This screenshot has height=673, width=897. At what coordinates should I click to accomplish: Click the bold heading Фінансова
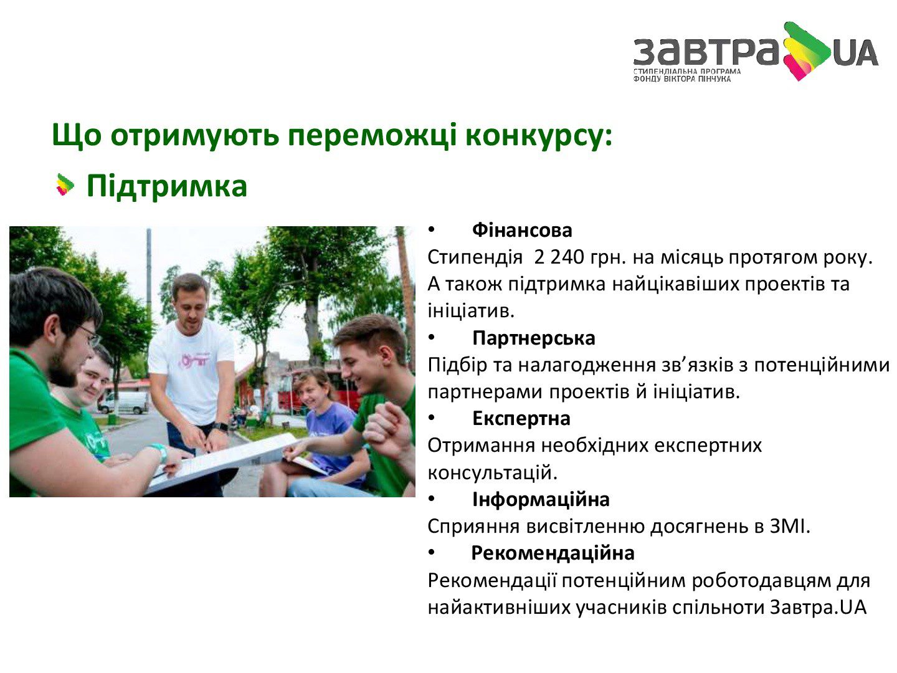522,231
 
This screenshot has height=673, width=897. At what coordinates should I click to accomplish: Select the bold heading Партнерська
534,338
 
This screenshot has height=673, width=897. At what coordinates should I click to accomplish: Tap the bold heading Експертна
521,419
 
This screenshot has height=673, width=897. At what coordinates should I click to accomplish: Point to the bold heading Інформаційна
541,499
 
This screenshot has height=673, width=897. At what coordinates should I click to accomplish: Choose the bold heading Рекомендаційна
553,553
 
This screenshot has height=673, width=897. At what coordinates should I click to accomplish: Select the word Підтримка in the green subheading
167,187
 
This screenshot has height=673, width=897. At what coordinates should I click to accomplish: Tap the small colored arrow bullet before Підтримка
65,185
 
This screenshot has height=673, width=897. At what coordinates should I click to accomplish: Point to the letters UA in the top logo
856,53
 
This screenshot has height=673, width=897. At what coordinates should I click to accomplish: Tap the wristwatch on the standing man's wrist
221,427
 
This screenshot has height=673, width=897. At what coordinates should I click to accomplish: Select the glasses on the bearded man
89,336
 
